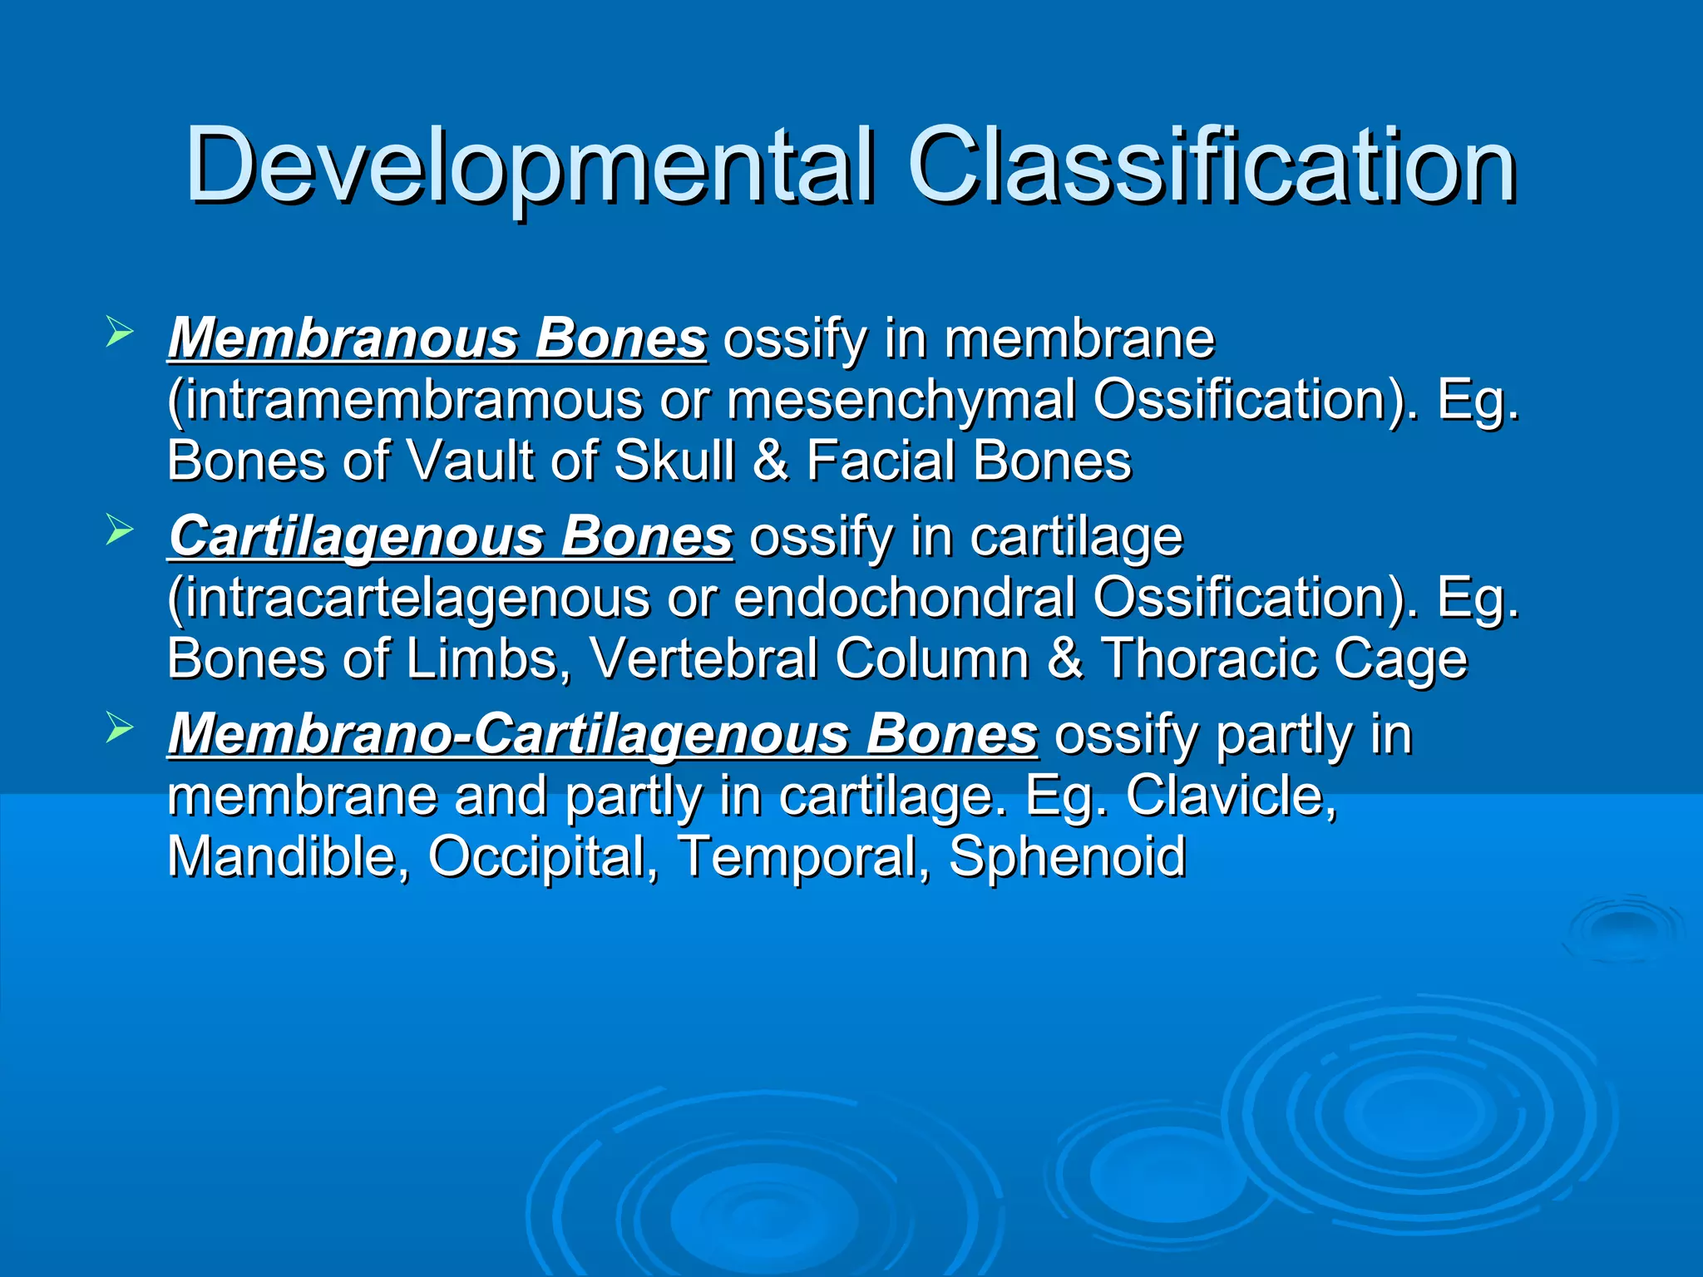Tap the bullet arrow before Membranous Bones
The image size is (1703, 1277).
click(x=120, y=334)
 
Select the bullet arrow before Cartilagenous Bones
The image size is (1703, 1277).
click(x=120, y=531)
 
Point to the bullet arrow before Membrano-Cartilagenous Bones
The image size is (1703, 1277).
click(x=120, y=729)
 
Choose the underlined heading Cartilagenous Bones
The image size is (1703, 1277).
click(x=451, y=537)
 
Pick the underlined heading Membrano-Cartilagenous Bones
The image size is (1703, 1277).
click(x=603, y=735)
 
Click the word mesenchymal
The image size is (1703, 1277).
click(x=901, y=401)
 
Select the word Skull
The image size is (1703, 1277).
click(x=674, y=461)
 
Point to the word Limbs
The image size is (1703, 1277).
click(x=482, y=659)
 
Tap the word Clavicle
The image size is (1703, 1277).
click(x=1231, y=796)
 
